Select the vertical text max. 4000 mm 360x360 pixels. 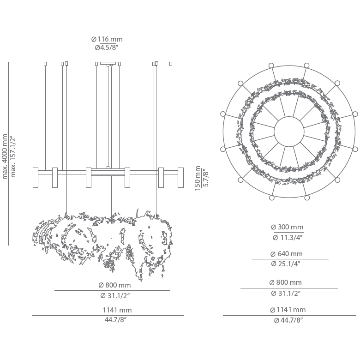(x=5, y=156)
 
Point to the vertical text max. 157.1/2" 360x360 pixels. (x=13, y=156)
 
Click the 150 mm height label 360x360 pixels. (x=197, y=178)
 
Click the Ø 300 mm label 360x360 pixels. (x=287, y=227)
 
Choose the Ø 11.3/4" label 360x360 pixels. (x=287, y=238)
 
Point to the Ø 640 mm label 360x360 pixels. (x=287, y=254)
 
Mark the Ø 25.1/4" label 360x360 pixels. (x=287, y=264)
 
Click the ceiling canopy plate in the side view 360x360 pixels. (x=108, y=63)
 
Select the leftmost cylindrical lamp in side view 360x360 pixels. (x=36, y=178)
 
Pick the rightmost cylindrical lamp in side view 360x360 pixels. (x=180, y=178)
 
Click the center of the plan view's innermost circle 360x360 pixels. (x=289, y=131)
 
